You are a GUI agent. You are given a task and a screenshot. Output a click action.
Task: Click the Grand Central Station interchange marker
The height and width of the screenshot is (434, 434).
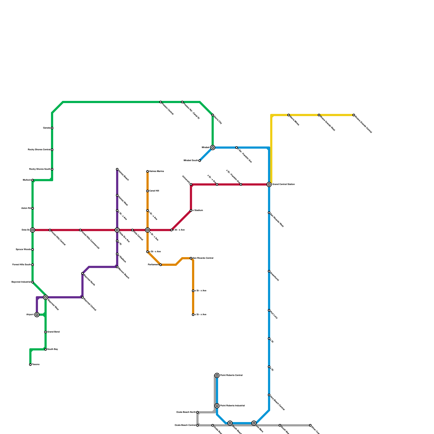click(269, 184)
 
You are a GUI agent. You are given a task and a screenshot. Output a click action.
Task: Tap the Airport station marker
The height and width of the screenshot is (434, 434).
click(37, 315)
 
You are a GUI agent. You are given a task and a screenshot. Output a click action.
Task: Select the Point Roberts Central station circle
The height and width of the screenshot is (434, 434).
click(217, 375)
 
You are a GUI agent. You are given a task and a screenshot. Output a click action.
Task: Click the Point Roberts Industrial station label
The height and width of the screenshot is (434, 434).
click(232, 406)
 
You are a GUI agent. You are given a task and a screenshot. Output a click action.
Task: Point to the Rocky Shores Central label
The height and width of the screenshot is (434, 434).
click(39, 150)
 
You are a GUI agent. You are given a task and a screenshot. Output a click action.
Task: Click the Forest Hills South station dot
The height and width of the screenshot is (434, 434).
click(33, 265)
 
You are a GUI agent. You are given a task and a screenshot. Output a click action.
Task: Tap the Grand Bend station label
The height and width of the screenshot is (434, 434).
click(53, 332)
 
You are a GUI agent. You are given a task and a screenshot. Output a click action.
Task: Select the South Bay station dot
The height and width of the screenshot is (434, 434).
click(46, 349)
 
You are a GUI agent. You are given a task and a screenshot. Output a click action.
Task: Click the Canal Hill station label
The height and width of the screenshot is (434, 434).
click(154, 191)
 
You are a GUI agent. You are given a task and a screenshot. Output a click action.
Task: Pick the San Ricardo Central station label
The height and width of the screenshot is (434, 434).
click(203, 258)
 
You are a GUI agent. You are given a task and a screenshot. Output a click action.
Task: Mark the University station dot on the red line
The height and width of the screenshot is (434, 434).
click(191, 184)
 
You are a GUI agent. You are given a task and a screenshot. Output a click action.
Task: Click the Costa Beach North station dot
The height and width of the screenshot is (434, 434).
click(197, 412)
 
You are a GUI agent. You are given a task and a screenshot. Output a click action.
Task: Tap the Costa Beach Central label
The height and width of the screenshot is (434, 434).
click(185, 425)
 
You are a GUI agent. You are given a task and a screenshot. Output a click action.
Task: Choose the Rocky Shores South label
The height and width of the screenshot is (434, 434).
click(40, 169)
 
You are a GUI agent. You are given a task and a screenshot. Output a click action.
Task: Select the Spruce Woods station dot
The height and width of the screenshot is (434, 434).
click(33, 250)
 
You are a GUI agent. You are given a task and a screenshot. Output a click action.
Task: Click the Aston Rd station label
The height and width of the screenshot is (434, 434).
click(26, 208)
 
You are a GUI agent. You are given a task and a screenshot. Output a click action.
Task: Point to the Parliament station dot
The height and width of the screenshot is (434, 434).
click(161, 265)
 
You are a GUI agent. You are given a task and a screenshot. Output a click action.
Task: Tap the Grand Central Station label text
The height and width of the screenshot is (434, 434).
click(283, 184)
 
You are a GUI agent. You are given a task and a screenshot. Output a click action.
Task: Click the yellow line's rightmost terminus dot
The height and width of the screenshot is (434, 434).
click(354, 115)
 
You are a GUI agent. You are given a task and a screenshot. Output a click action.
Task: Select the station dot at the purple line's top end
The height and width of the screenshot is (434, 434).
click(117, 169)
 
